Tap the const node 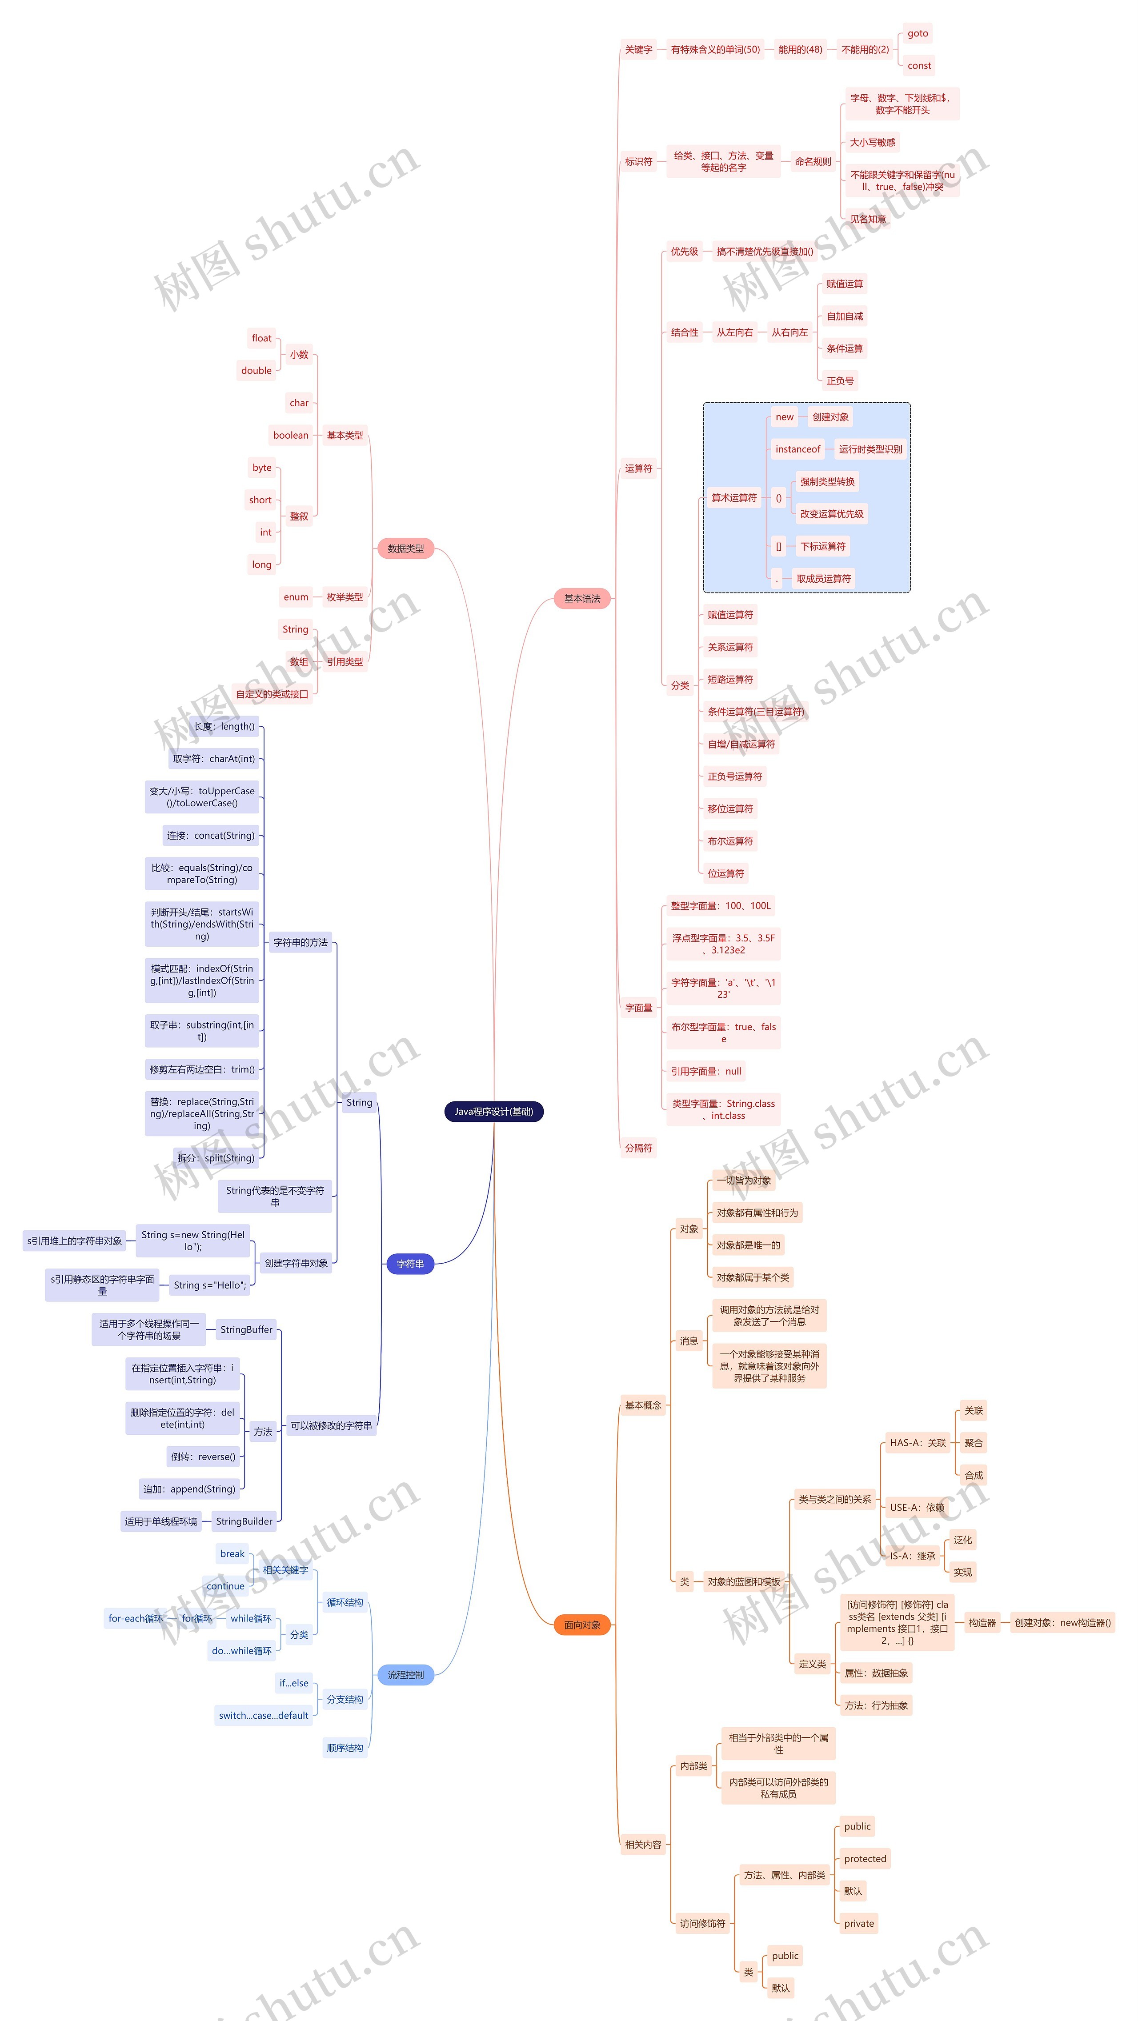pos(919,66)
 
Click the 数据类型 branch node pos(406,548)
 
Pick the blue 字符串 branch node pos(410,1264)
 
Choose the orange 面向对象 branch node pos(581,1625)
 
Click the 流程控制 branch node pos(406,1675)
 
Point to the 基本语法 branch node pos(581,599)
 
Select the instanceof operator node pos(797,449)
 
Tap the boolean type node pos(290,436)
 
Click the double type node pos(256,370)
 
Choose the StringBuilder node pos(244,1521)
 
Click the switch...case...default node pos(264,1715)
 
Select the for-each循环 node pos(136,1618)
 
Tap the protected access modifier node pos(865,1859)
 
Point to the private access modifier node pos(858,1923)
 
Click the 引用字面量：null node pos(705,1071)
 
